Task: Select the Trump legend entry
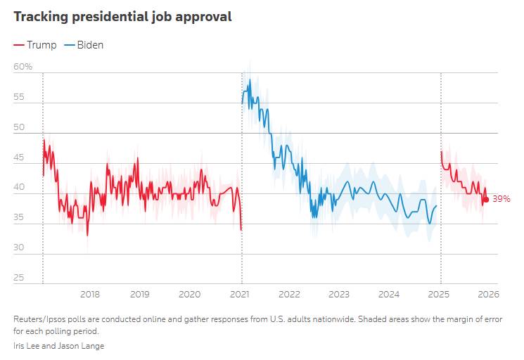pyautogui.click(x=35, y=45)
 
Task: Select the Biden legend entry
pyautogui.click(x=84, y=45)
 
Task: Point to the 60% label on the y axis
pyautogui.click(x=23, y=67)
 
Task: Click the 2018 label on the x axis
pyautogui.click(x=90, y=294)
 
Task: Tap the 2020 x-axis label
pyautogui.click(x=190, y=294)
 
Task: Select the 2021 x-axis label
pyautogui.click(x=240, y=294)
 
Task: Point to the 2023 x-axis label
pyautogui.click(x=339, y=294)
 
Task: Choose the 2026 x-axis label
pyautogui.click(x=488, y=294)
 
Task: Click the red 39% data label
pyautogui.click(x=501, y=199)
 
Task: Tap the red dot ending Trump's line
pyautogui.click(x=486, y=199)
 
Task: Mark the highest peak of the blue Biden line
pyautogui.click(x=250, y=80)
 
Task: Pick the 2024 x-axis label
pyautogui.click(x=389, y=294)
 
